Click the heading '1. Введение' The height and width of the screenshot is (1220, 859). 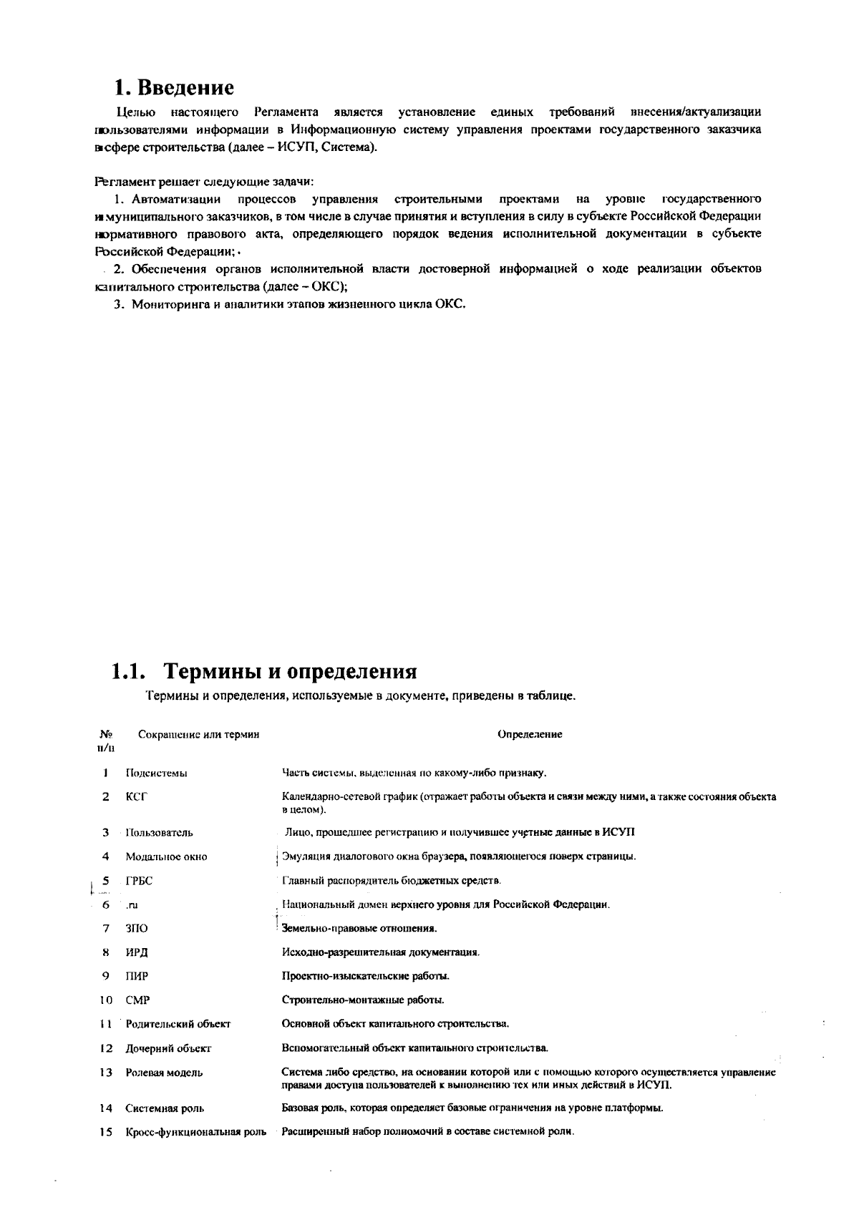click(174, 87)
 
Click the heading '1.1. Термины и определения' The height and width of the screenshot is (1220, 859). click(263, 671)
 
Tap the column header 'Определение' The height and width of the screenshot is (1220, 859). click(530, 734)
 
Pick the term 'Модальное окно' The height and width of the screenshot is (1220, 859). click(166, 857)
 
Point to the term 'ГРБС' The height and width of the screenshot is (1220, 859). click(139, 880)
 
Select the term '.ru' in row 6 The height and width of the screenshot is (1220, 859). click(132, 904)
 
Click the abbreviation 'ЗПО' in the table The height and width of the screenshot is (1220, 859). click(137, 929)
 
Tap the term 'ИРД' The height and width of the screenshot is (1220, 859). click(137, 952)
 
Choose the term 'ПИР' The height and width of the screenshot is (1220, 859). click(137, 976)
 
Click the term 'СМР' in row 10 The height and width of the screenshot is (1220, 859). click(137, 1000)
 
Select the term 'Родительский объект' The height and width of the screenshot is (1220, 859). click(178, 1024)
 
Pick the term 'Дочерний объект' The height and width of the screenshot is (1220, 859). click(168, 1048)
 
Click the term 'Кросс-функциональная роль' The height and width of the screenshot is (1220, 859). click(195, 1132)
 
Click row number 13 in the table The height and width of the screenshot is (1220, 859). click(106, 1073)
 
